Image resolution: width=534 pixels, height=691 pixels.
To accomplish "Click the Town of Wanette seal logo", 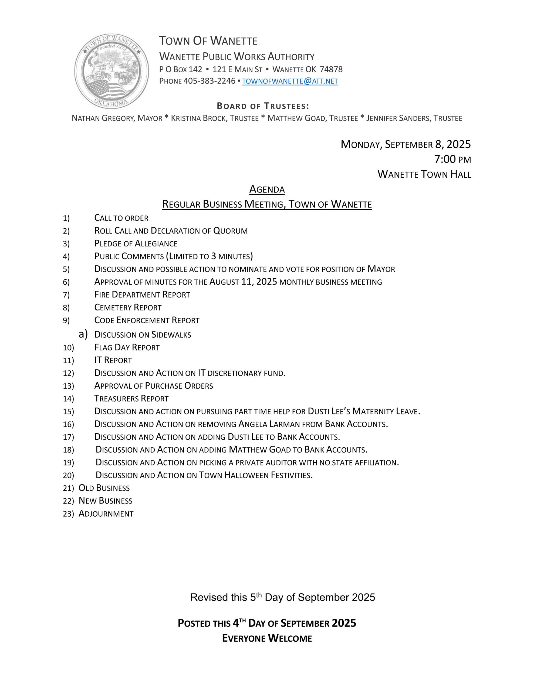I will [111, 71].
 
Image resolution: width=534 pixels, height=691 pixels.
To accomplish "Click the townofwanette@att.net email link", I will [290, 81].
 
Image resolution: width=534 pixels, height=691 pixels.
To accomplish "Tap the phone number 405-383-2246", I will [209, 81].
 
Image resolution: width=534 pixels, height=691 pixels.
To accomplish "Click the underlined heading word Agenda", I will [267, 189].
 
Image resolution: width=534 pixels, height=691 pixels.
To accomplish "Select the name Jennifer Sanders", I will [398, 118].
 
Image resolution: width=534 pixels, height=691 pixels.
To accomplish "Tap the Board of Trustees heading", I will [263, 106].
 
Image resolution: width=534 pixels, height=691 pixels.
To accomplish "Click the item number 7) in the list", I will [66, 295].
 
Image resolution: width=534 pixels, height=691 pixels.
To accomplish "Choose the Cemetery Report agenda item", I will [128, 307].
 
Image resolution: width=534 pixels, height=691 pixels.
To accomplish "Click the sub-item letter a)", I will [83, 334].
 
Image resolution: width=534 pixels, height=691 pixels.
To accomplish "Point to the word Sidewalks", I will [171, 335].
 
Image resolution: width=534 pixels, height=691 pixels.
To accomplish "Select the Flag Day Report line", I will [127, 347].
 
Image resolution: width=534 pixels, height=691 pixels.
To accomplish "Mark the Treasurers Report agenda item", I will [131, 399].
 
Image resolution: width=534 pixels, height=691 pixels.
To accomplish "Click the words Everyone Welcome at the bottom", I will [267, 638].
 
